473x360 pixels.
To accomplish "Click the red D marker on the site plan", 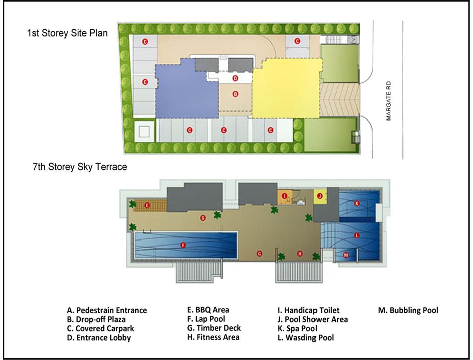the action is coord(235,78).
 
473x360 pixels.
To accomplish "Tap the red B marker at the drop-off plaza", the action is coord(235,94).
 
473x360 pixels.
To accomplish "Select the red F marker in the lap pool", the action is coord(183,245).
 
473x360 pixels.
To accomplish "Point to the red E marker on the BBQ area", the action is coord(147,206).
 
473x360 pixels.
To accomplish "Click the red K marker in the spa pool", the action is coord(357,203).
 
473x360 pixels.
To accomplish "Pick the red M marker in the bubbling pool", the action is coord(346,255).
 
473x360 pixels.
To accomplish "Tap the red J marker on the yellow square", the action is coord(320,196).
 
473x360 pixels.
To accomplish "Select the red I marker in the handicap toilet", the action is coord(284,196).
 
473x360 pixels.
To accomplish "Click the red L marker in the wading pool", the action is coord(357,235).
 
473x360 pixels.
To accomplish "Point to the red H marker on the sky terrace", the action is coord(300,254).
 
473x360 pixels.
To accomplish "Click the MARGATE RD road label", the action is coord(389,101).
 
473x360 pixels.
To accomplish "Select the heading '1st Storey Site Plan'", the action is coord(67,33).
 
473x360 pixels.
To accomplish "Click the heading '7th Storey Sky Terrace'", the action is coord(80,167).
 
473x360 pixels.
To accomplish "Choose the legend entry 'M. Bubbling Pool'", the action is coord(408,310).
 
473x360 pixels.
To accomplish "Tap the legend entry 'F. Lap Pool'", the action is coord(206,319).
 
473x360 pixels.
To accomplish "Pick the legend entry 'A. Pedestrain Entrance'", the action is coord(107,310).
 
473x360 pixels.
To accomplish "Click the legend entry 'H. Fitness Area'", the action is coord(213,337).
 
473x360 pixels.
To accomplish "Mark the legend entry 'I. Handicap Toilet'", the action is coord(308,310).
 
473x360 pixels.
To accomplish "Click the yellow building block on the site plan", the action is coord(286,89).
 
